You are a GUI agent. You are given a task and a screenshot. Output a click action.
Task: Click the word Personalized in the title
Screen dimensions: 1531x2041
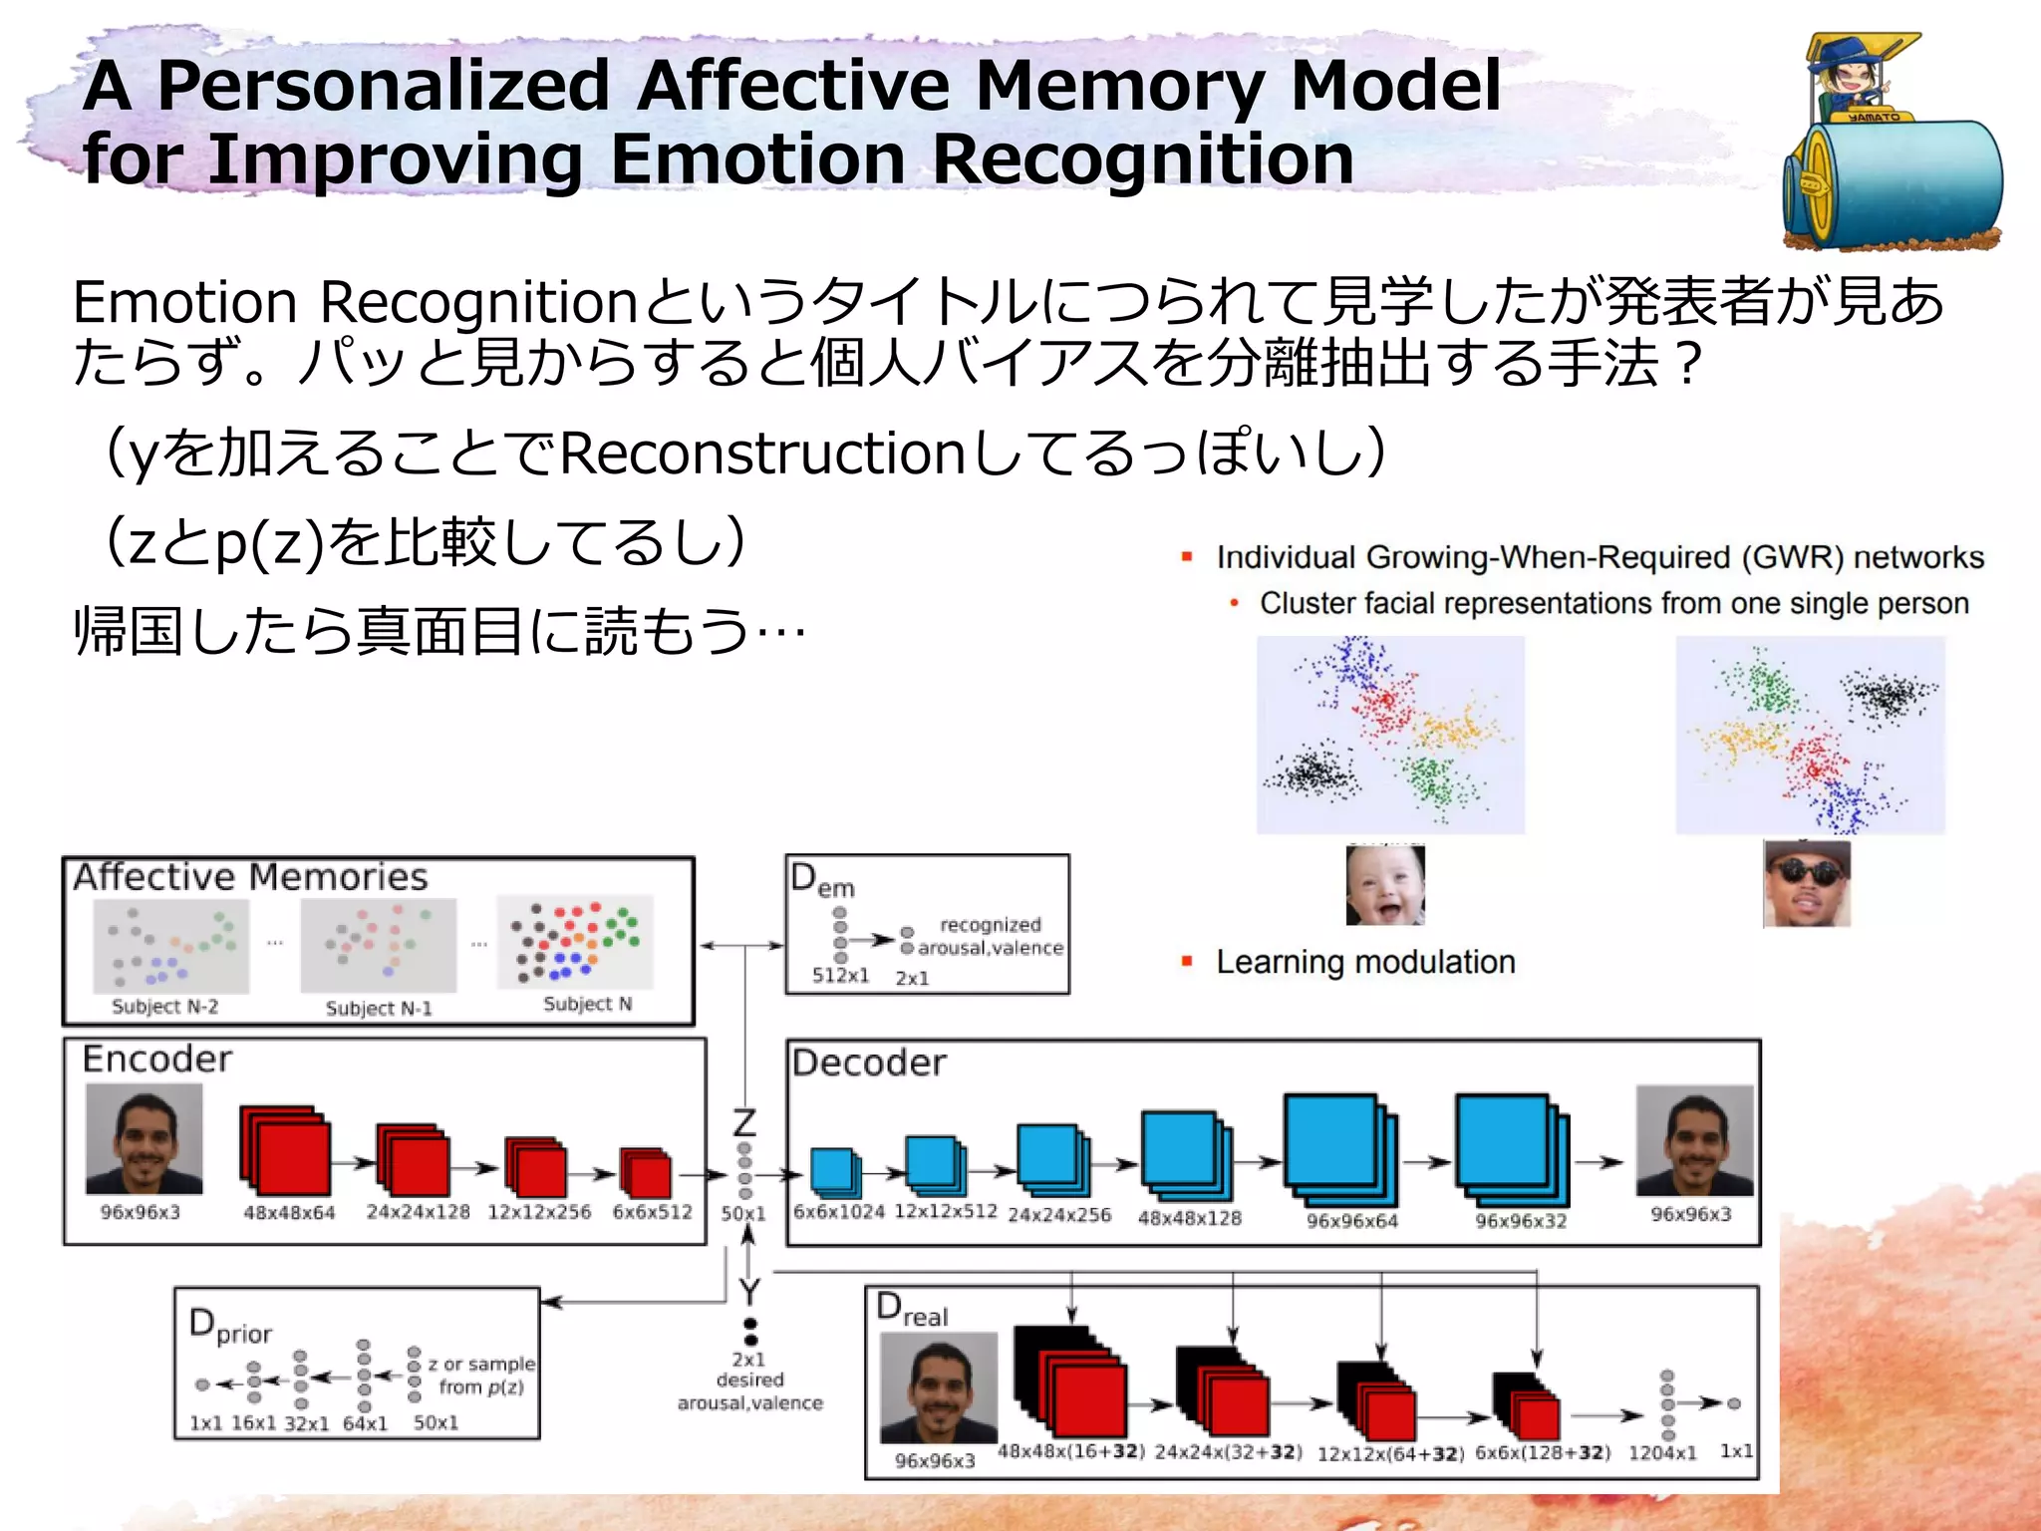click(383, 86)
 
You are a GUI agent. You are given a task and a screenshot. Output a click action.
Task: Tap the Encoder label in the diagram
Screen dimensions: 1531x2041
click(156, 1059)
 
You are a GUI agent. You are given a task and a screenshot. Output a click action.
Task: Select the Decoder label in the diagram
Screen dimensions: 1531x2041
click(868, 1063)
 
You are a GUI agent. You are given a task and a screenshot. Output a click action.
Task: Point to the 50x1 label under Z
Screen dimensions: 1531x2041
click(743, 1214)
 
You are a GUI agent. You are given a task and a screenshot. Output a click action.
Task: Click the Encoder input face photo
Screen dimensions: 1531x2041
click(145, 1138)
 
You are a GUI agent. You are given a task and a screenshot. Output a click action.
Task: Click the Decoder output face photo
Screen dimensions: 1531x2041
click(1694, 1140)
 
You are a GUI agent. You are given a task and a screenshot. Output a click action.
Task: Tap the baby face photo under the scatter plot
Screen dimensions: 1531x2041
click(1385, 884)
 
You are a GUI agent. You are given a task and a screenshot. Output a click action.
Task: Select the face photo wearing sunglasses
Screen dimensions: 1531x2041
click(1807, 884)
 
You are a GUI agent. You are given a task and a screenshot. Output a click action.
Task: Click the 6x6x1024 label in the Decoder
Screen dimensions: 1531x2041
click(838, 1212)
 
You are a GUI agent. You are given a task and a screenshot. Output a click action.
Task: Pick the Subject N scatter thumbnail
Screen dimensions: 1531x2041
click(575, 942)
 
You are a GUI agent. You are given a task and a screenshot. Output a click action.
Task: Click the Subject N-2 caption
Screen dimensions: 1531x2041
click(164, 1007)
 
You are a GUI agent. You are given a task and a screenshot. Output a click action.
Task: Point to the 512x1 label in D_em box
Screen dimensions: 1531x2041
click(840, 976)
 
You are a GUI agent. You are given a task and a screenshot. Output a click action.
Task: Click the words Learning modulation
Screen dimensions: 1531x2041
click(1365, 962)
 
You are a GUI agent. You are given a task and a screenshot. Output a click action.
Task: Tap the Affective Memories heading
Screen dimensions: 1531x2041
click(250, 877)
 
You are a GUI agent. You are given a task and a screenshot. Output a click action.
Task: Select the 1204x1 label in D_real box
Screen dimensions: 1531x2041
click(1661, 1453)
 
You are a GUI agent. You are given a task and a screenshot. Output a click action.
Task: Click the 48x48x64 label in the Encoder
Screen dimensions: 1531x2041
click(289, 1213)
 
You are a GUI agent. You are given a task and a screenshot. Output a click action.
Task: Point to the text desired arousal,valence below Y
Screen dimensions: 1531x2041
click(750, 1391)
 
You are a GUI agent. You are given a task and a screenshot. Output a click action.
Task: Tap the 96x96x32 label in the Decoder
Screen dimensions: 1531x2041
click(1521, 1221)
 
